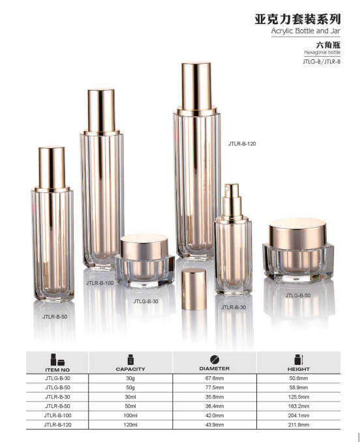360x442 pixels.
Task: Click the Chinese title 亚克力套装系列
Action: point(297,20)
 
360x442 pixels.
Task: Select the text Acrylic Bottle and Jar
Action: point(306,31)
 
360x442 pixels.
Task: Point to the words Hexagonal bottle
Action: point(322,52)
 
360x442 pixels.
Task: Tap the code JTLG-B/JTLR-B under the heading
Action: point(322,61)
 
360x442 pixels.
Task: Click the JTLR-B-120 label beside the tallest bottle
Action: point(242,144)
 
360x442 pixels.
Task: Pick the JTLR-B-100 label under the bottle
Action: point(100,283)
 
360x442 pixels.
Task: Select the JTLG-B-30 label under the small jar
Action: point(145,301)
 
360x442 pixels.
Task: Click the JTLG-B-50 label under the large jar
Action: point(297,295)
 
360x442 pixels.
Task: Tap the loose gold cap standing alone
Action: point(194,289)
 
